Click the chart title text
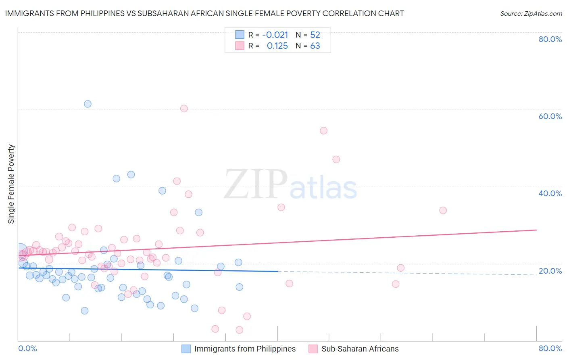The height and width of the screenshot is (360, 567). pyautogui.click(x=204, y=13)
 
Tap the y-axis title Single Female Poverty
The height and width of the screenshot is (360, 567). pyautogui.click(x=11, y=184)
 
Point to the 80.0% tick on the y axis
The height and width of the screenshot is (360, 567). pyautogui.click(x=550, y=39)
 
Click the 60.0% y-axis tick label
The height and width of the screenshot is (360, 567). pyautogui.click(x=550, y=116)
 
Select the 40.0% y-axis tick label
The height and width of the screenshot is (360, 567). pyautogui.click(x=550, y=193)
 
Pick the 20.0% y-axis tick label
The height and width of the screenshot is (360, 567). pyautogui.click(x=550, y=271)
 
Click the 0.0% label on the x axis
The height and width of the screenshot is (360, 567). pyautogui.click(x=27, y=348)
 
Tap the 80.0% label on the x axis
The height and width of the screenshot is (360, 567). pyautogui.click(x=550, y=348)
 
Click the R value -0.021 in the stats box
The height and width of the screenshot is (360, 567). pyautogui.click(x=275, y=35)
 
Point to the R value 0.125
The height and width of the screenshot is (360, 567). pyautogui.click(x=277, y=46)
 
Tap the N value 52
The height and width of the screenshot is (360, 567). pyautogui.click(x=315, y=35)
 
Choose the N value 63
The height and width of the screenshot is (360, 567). pyautogui.click(x=315, y=46)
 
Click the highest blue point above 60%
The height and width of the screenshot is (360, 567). pyautogui.click(x=88, y=104)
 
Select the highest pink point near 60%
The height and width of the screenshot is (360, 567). pyautogui.click(x=184, y=108)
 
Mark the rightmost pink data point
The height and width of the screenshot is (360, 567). pyautogui.click(x=443, y=210)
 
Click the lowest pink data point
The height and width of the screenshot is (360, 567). pyautogui.click(x=239, y=330)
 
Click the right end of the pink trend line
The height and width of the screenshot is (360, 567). pyautogui.click(x=536, y=230)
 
